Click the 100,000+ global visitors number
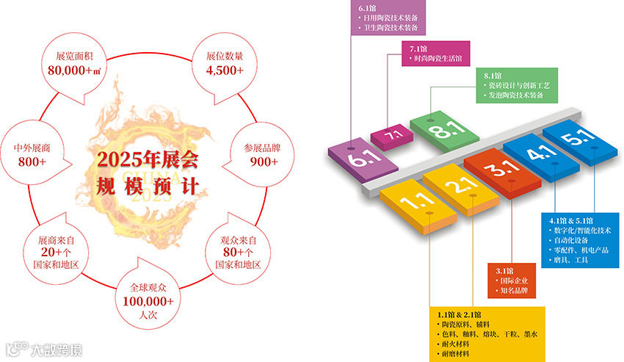[x=148, y=301]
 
